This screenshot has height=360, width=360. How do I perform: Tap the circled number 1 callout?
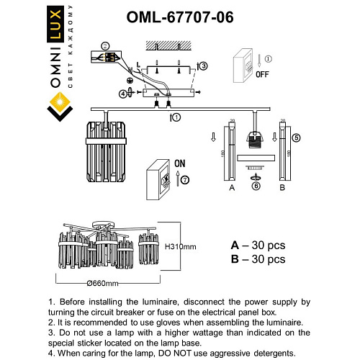click(x=176, y=117)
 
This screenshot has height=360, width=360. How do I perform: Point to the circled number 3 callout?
click(x=203, y=66)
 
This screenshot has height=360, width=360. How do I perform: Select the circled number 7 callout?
click(x=184, y=178)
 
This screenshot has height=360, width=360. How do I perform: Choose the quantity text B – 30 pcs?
click(x=258, y=259)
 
